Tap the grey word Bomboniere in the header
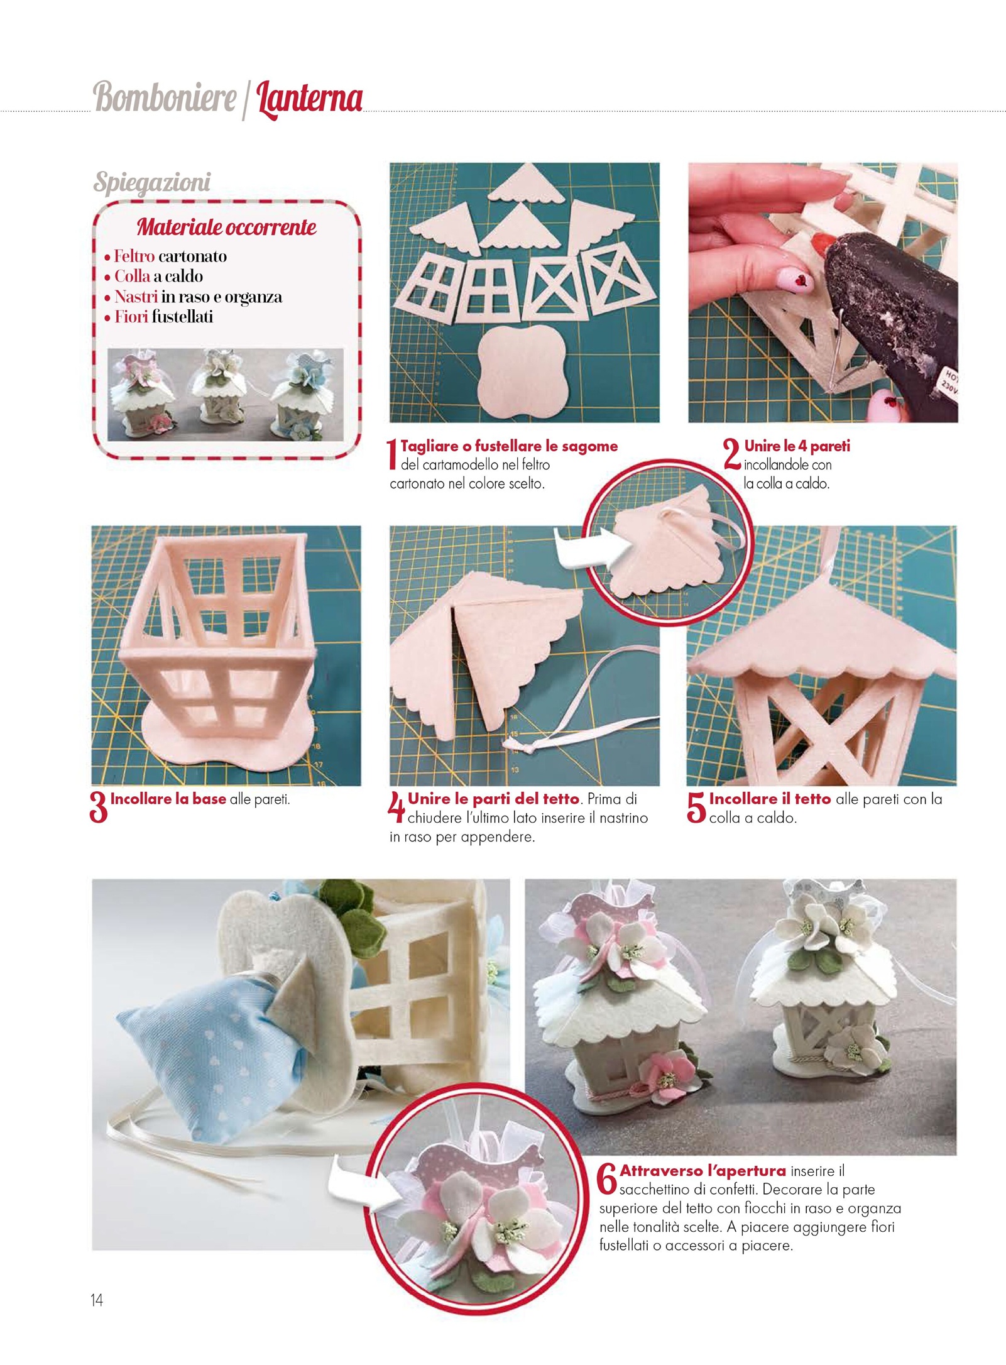tap(165, 97)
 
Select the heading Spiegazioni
tap(151, 183)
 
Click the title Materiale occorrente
tap(226, 227)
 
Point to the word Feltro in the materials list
tap(134, 256)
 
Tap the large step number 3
tap(99, 808)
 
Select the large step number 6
tap(607, 1179)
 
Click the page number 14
tap(97, 1300)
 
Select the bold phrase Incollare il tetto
tap(770, 799)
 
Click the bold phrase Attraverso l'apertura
tap(703, 1171)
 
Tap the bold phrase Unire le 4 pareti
tap(797, 446)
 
